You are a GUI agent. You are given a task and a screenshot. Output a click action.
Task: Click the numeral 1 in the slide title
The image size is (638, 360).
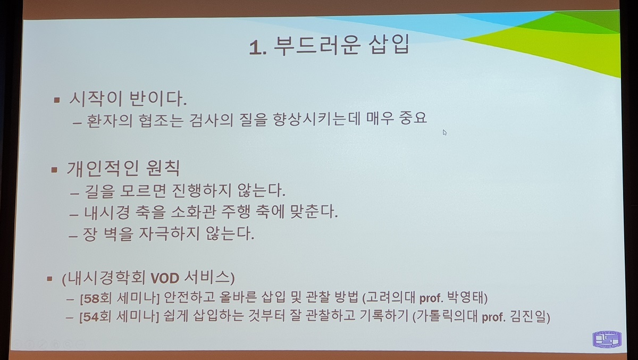[x=255, y=47]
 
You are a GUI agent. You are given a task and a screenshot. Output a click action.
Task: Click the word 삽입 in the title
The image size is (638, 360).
[x=389, y=44]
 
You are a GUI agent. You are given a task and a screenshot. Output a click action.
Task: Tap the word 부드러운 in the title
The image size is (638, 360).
[x=316, y=45]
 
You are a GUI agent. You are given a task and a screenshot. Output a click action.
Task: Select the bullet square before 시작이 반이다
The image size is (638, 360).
[x=57, y=100]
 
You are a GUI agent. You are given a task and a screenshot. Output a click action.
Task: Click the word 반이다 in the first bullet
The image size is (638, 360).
[x=158, y=98]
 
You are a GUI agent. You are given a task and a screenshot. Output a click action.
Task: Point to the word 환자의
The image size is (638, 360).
[x=110, y=121]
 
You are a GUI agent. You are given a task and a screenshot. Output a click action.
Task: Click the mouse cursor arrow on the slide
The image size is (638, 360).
[x=444, y=132]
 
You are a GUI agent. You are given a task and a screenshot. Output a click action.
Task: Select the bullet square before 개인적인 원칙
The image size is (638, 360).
[x=54, y=170]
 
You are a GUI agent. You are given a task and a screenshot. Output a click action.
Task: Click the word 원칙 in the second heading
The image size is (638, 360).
[x=163, y=168]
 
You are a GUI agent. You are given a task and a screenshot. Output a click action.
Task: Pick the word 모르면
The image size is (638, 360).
[x=143, y=190]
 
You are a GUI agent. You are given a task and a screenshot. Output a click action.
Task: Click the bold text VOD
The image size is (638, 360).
[x=165, y=278]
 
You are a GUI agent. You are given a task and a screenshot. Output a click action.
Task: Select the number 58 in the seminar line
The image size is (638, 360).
[x=91, y=298]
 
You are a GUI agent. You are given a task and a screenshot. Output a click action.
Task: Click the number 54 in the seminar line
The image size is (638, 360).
[x=91, y=317]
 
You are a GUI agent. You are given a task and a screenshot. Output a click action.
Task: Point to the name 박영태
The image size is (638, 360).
[x=465, y=297]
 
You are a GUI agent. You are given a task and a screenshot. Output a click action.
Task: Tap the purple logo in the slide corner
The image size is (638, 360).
[x=607, y=339]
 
